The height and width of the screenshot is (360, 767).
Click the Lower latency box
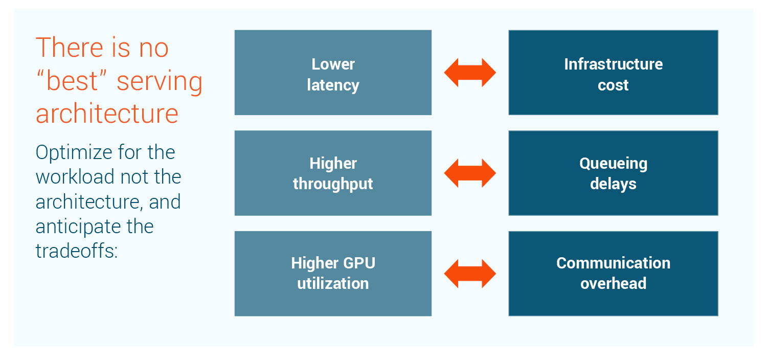[x=333, y=72]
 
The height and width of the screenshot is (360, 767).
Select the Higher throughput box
[x=333, y=173]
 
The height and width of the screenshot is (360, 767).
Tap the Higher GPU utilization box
[x=333, y=274]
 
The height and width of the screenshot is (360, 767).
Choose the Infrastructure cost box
[x=613, y=72]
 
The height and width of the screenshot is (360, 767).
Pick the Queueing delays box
[x=613, y=173]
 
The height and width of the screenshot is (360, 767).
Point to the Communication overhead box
[x=613, y=274]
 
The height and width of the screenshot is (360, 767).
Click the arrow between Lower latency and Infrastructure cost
[x=470, y=73]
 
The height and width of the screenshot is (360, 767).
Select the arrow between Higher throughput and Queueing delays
[x=470, y=173]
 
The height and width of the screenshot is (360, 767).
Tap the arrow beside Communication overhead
[x=470, y=274]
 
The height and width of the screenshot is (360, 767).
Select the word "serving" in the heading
[x=160, y=82]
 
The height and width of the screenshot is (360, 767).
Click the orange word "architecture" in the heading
[x=107, y=113]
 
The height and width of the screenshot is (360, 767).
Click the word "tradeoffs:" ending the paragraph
[x=77, y=251]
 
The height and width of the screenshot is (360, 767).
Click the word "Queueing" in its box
[x=613, y=164]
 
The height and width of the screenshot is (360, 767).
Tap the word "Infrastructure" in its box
[x=613, y=64]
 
